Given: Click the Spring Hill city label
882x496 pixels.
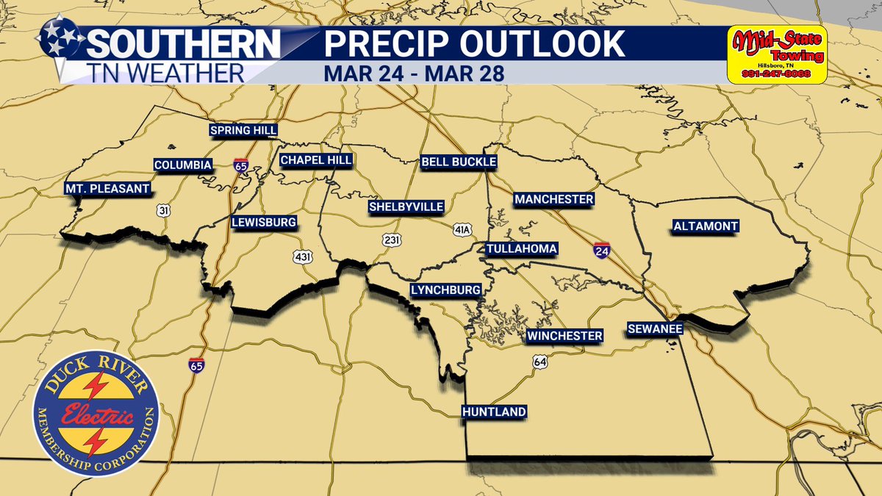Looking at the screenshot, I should pos(243,130).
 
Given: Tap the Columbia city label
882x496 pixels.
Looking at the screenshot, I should pos(183,164).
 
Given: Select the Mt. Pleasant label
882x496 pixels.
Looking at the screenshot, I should pos(107,189).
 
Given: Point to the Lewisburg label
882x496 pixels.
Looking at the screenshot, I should pos(264,222).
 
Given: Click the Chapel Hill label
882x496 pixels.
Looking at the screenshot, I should pos(316,160).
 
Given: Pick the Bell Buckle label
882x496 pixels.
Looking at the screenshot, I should pos(459,162).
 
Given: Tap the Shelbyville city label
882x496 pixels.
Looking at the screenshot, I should pos(406,207).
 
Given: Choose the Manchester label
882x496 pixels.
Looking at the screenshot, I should pos(553,199).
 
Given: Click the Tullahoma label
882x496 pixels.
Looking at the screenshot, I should pos(521,249).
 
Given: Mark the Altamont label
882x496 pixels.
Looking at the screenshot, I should pos(705,226).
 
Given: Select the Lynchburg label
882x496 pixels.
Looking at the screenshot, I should pos(445,290).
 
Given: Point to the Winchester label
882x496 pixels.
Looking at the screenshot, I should pos(564,336).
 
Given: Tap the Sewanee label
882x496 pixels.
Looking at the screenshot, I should pos(654,328).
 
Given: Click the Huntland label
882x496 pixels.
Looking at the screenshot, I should pos(494,411).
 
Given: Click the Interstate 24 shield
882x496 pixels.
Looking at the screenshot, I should pos(601,251).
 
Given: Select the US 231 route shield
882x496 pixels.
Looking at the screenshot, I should pos(391,240).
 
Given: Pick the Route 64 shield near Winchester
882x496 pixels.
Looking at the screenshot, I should pos(540,362).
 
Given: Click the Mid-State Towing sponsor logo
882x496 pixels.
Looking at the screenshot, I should pos(776,54).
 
